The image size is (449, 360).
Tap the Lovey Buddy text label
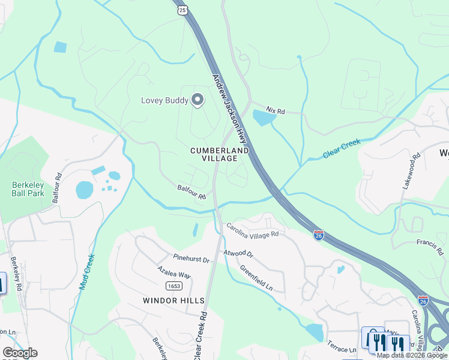point(164,101)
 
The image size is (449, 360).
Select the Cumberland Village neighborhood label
point(218,154)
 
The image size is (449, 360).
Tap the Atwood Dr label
point(238,254)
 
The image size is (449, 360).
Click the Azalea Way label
point(174,273)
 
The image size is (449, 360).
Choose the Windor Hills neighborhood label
point(173,300)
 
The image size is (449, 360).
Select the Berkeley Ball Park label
point(28,190)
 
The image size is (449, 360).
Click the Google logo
point(20,353)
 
